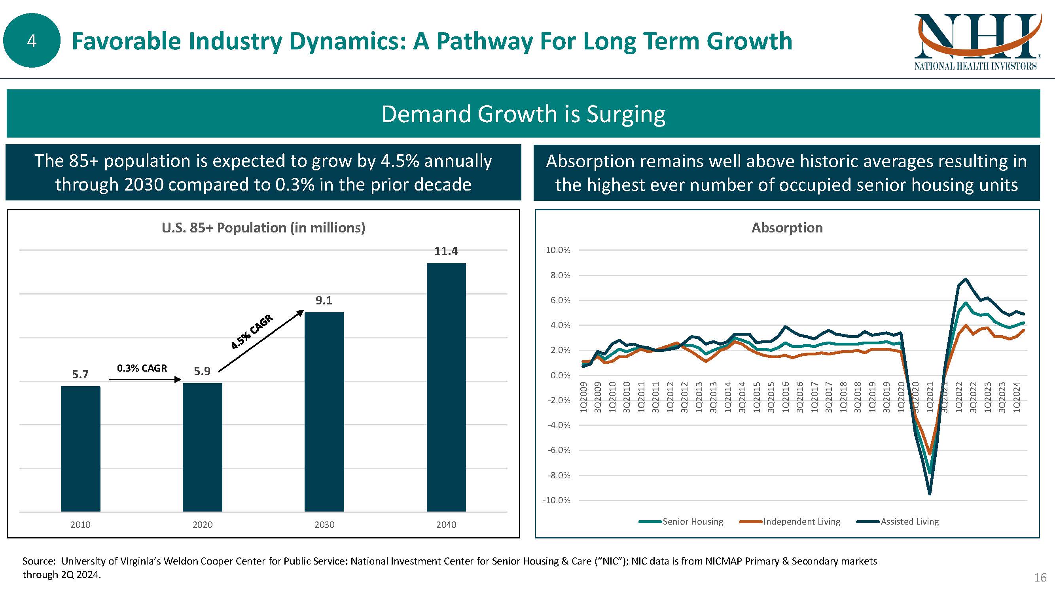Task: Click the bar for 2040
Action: (x=446, y=387)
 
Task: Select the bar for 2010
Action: (x=80, y=449)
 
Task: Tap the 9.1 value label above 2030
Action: (x=324, y=300)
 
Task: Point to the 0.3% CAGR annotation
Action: (x=142, y=368)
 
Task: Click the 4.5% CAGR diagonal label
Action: (x=252, y=332)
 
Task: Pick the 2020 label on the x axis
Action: (x=202, y=525)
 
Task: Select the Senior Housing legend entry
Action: (x=693, y=521)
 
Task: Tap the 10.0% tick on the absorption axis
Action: (x=558, y=250)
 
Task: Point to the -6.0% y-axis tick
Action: (x=559, y=450)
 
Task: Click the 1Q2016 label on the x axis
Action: (x=786, y=397)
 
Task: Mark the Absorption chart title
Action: (x=787, y=228)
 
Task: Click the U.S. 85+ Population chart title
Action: (x=263, y=228)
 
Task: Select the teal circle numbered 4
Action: (x=32, y=40)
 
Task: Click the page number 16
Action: (x=1040, y=578)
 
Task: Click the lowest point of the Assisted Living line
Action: (x=930, y=494)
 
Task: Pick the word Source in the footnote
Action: (x=38, y=561)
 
